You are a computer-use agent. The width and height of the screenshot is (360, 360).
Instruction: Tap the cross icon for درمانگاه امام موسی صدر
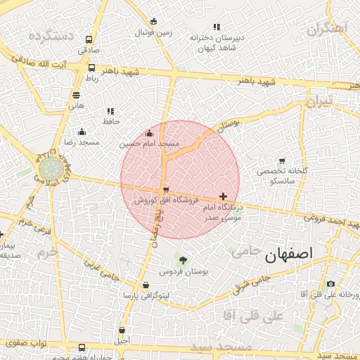coord(224,196)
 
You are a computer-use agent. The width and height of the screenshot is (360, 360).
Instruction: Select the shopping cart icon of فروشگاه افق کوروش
coord(165,190)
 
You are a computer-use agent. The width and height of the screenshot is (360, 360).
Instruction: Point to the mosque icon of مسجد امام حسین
coord(148,134)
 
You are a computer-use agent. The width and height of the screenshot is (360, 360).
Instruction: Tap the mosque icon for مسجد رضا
coord(82,132)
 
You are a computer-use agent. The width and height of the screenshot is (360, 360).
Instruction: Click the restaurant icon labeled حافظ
coord(110,111)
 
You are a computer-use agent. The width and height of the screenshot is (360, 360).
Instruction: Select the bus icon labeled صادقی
coord(89,40)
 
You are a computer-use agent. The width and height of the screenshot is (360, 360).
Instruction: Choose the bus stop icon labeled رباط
coord(92,68)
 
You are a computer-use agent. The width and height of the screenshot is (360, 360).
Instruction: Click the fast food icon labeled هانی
coord(76,95)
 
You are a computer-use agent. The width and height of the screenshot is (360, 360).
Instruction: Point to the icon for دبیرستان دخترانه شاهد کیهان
coord(214,27)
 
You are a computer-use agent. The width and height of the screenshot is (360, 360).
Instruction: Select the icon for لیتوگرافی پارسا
coord(146,285)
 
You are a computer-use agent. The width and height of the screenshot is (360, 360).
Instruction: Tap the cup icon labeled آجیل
coord(122,330)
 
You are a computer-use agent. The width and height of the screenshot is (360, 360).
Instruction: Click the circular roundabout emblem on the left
coord(49,169)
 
